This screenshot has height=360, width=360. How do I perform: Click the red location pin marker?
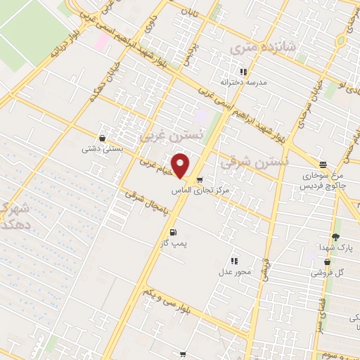(x=181, y=165)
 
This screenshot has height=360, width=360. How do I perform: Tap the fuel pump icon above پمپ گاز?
(x=172, y=232)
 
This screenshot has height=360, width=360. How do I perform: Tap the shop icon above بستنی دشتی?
(x=103, y=138)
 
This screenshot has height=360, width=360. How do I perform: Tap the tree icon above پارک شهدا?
(x=336, y=237)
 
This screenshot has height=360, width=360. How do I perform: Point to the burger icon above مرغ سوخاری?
(x=323, y=164)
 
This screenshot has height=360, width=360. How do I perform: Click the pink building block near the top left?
(x=101, y=41)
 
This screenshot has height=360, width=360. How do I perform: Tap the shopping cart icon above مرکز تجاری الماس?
(x=200, y=179)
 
